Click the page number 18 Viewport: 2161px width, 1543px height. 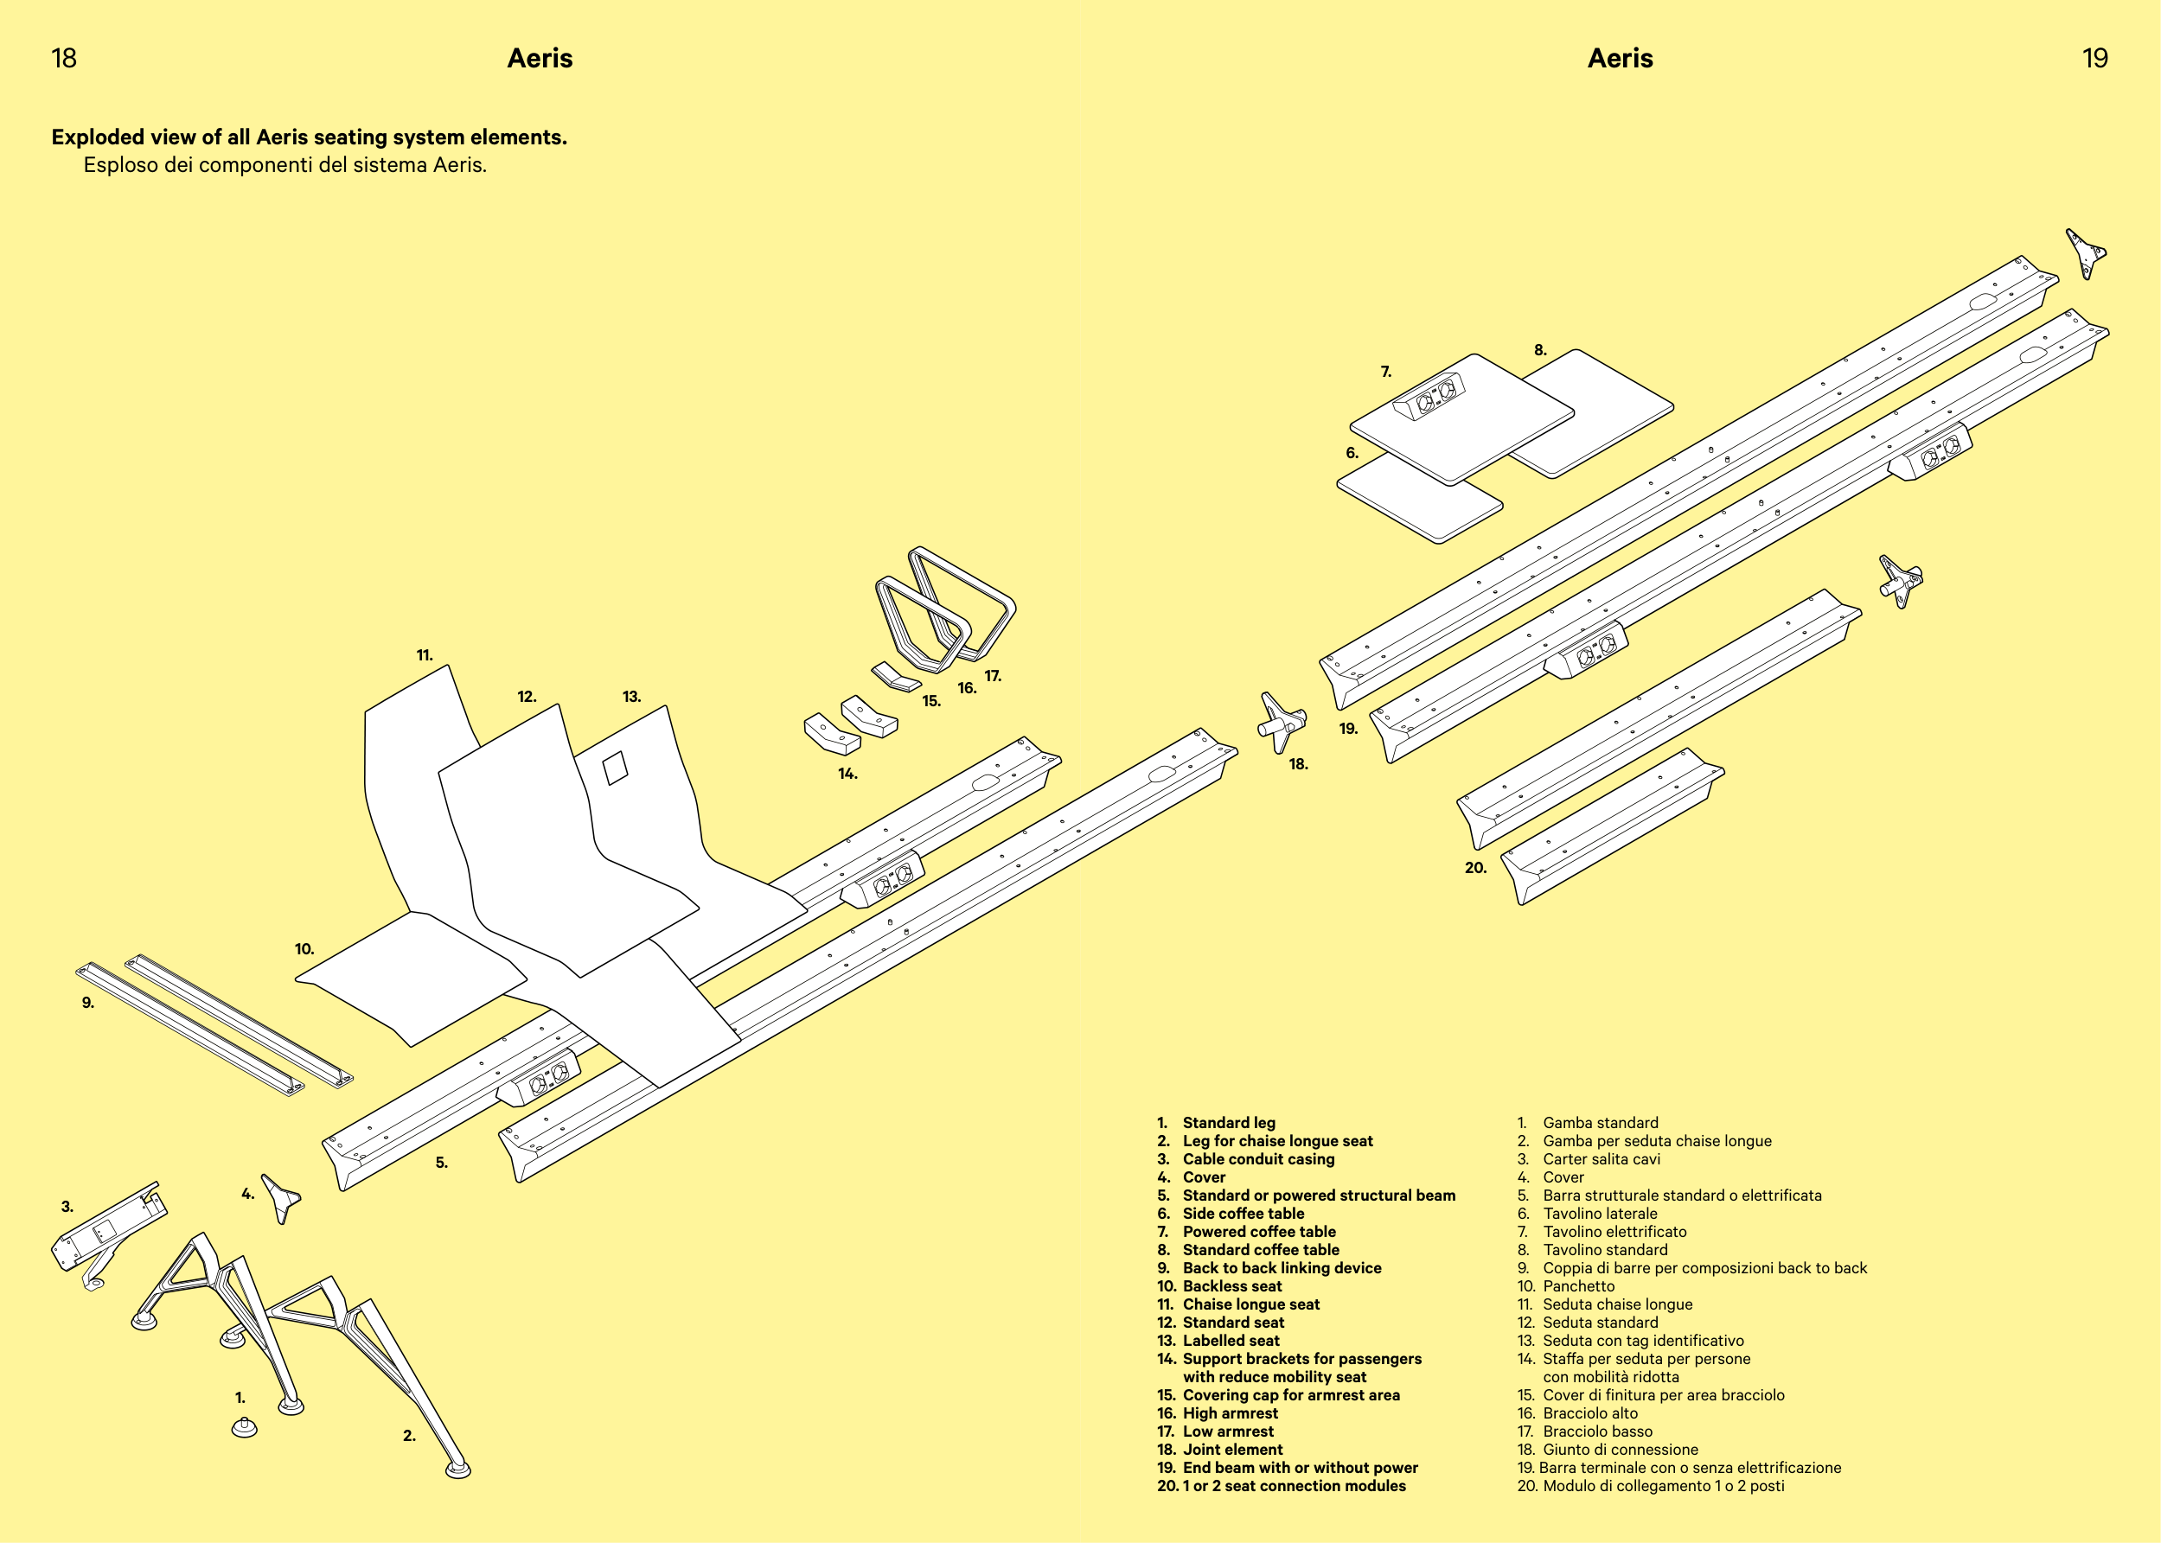(64, 59)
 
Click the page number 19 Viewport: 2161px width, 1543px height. (2094, 59)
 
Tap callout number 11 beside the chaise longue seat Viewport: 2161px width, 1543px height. (425, 655)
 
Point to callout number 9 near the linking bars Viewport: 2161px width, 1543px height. (88, 1004)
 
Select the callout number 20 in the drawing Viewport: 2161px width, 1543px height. (1475, 869)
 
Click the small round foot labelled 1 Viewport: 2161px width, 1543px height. (244, 1427)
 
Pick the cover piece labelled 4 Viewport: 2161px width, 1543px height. (281, 1198)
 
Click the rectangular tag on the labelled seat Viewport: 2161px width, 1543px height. (615, 768)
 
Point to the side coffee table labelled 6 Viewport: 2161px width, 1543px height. (1419, 499)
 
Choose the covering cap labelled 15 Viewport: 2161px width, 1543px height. (895, 677)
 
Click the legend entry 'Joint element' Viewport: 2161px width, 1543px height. (1232, 1450)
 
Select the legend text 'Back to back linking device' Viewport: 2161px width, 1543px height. (1282, 1268)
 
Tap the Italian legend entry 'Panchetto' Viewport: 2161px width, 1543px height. (1578, 1286)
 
